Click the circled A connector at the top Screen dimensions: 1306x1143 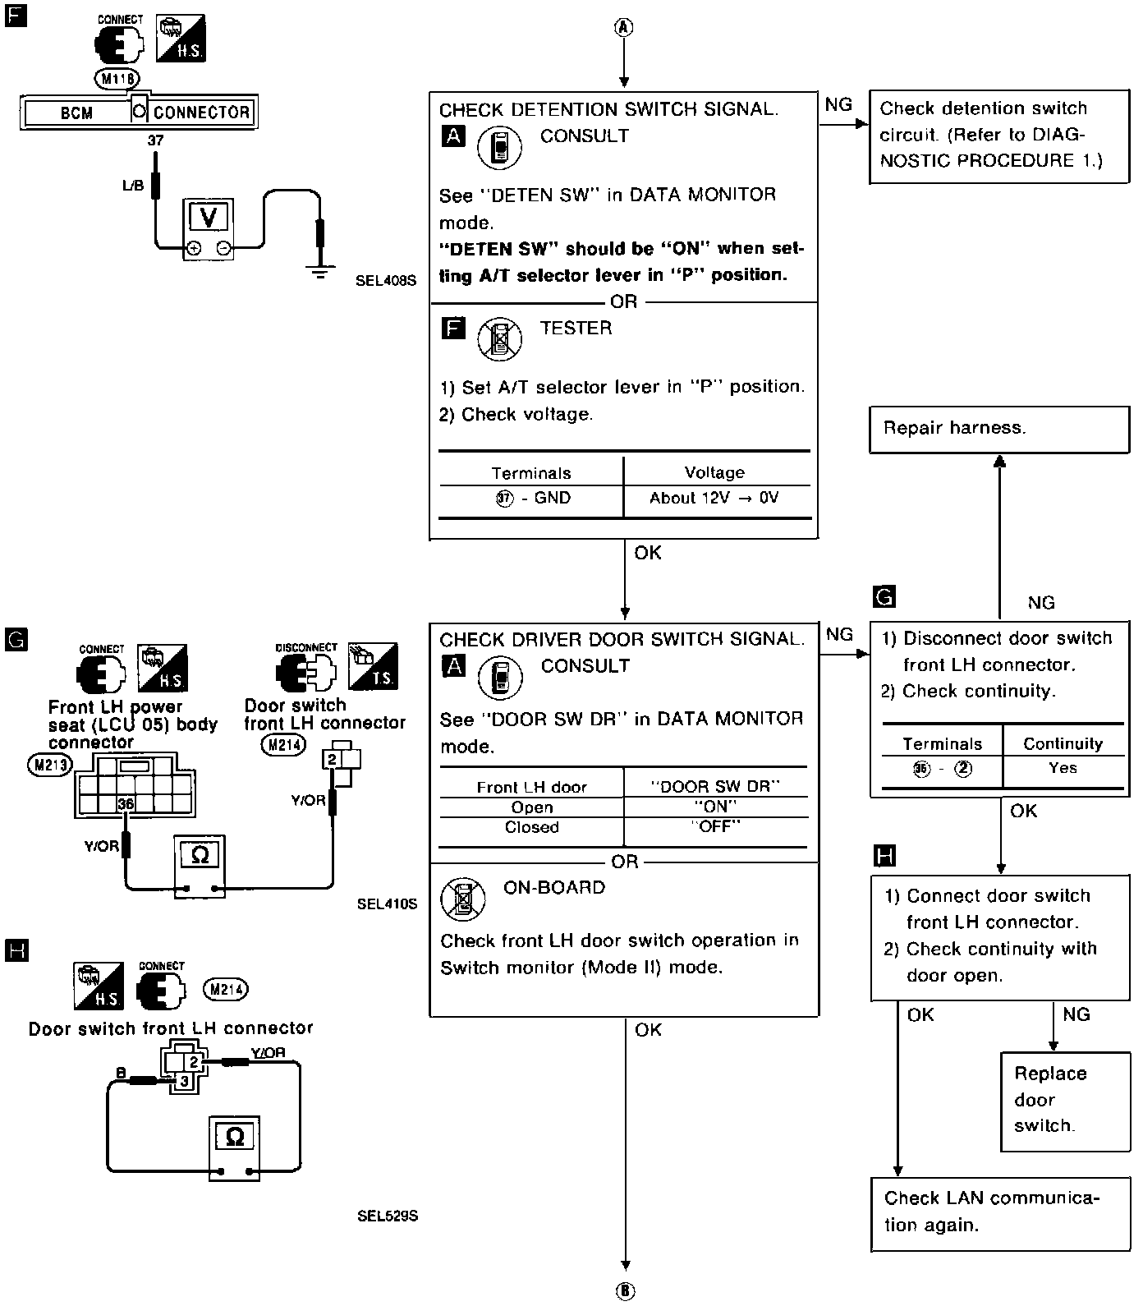pos(624,27)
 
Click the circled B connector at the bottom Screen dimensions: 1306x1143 pos(625,1291)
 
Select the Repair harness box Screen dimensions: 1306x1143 pos(998,428)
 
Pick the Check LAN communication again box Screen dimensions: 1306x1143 pos(999,1212)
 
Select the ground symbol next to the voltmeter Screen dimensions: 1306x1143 pos(320,272)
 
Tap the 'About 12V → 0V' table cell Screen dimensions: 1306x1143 pos(714,498)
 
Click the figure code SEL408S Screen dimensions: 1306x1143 pos(386,280)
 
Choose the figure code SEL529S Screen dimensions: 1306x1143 pos(388,1216)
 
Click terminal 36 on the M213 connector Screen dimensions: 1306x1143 pos(126,803)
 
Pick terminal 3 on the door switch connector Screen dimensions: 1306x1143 pos(184,1081)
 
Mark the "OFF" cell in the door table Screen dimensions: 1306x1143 pos(715,827)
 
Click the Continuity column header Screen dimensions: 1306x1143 pos(1063,743)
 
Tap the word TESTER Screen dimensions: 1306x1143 pos(576,328)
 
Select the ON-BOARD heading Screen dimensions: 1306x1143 pos(554,887)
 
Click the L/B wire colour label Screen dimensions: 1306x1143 pos(132,186)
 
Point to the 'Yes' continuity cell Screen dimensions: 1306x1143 pos(1063,768)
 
